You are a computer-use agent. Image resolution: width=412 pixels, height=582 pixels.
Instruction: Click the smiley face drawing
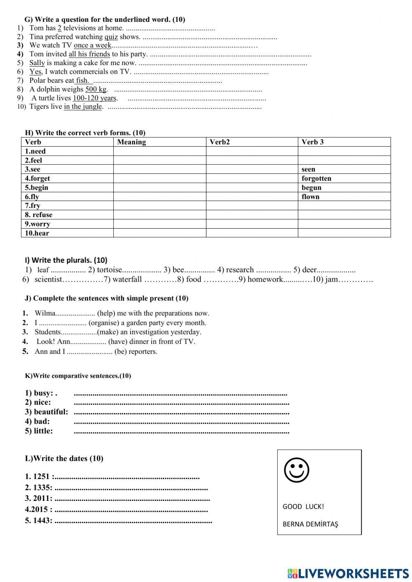(x=296, y=470)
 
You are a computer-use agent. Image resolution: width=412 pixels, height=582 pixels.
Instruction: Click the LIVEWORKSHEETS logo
(x=348, y=573)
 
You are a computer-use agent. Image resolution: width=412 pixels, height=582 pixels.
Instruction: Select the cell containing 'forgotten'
(x=316, y=178)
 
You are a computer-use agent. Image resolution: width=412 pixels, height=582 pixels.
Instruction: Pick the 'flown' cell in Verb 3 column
(x=310, y=196)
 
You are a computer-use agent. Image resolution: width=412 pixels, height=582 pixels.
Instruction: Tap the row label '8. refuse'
(x=38, y=215)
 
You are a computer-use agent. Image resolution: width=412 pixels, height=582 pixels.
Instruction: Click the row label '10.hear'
(x=37, y=233)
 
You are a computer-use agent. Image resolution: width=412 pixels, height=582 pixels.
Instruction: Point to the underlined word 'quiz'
(x=111, y=37)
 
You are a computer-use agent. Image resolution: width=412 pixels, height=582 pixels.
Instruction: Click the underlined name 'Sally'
(x=37, y=63)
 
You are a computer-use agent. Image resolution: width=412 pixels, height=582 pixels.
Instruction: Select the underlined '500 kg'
(x=96, y=89)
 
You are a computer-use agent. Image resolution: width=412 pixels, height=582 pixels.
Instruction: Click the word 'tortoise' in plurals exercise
(x=110, y=270)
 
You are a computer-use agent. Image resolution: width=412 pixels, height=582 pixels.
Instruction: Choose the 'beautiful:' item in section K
(x=47, y=412)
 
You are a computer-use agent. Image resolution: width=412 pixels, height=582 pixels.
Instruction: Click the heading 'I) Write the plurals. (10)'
(x=66, y=260)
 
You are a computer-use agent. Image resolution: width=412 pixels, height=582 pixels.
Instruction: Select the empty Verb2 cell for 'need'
(x=252, y=151)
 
